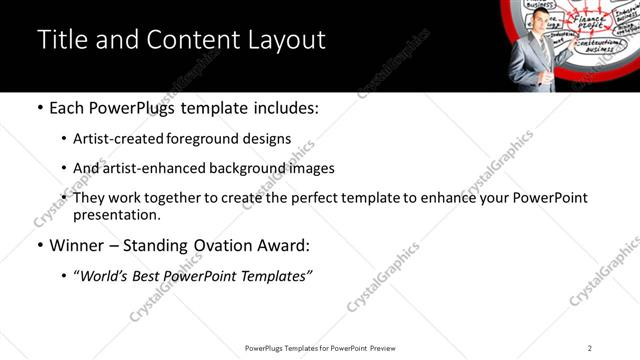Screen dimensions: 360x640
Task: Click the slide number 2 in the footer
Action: pyautogui.click(x=590, y=348)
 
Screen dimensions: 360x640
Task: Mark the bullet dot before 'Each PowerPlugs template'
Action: pyautogui.click(x=39, y=108)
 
